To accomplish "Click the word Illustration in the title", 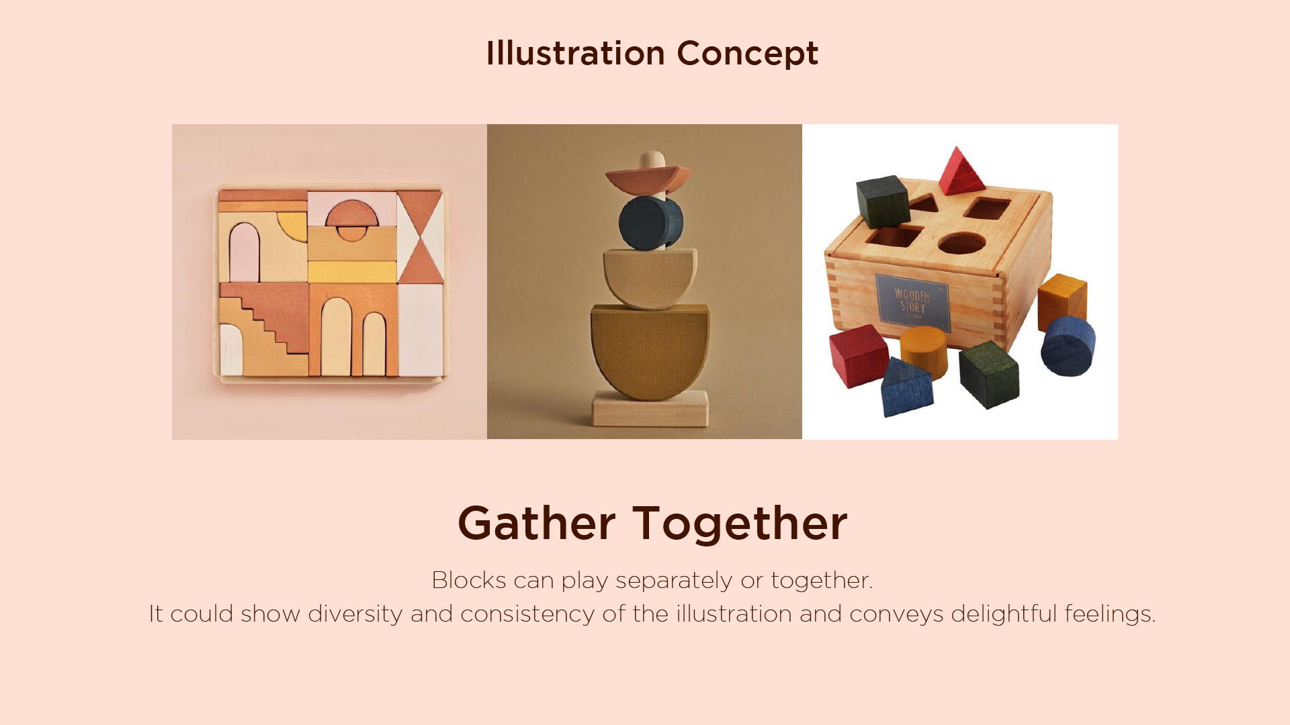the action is click(575, 53).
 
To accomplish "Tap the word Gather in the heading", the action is click(536, 523).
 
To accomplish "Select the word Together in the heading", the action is click(740, 524).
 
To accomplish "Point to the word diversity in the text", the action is click(355, 614).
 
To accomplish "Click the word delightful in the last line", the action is click(1004, 614).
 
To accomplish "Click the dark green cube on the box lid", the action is click(882, 201).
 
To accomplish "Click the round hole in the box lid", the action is click(961, 244).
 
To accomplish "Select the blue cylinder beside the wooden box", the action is click(1068, 346).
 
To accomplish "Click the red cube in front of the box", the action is click(859, 356).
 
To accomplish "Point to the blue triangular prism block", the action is click(906, 388).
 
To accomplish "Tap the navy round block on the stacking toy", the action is click(650, 223).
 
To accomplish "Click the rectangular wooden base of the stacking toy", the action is click(650, 408).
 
